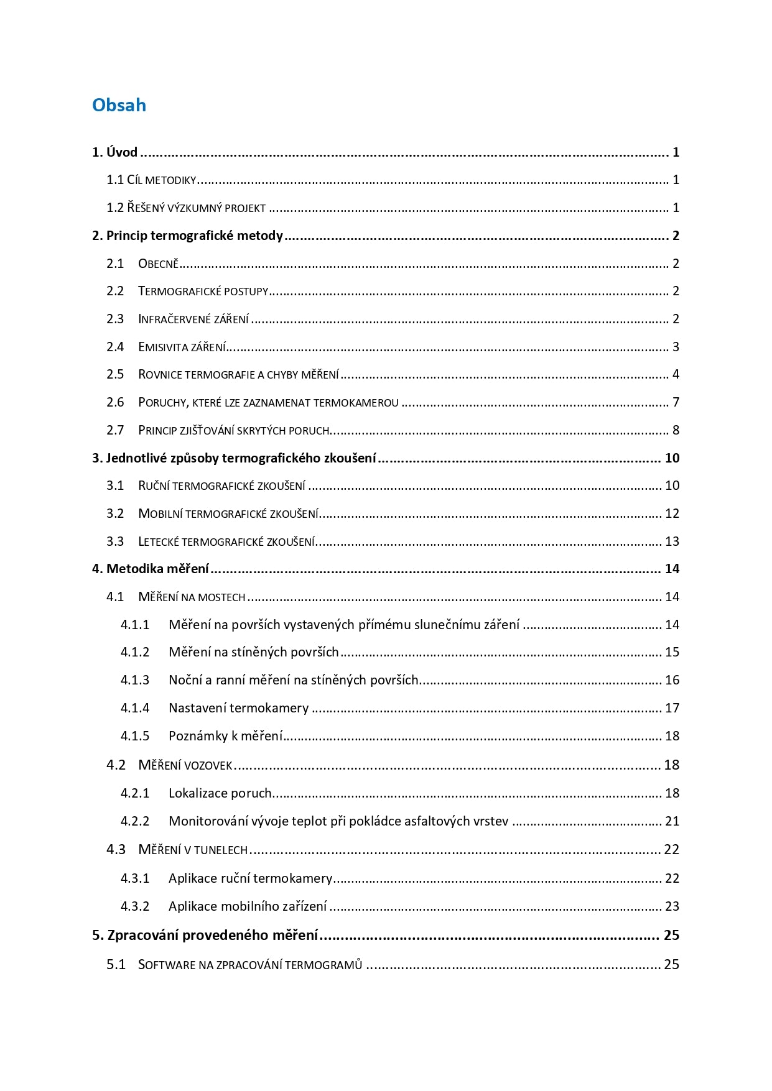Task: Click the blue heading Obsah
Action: click(119, 105)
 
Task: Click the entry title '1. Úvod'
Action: click(114, 152)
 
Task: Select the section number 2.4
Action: click(115, 347)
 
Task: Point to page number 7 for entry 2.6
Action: click(676, 402)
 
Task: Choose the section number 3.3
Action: click(115, 541)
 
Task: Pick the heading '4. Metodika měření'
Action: click(150, 569)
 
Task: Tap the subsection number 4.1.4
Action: click(135, 708)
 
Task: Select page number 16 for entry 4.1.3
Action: click(672, 680)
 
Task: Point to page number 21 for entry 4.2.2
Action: click(672, 821)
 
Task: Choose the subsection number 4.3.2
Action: click(135, 906)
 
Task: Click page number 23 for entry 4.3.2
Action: click(672, 906)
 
